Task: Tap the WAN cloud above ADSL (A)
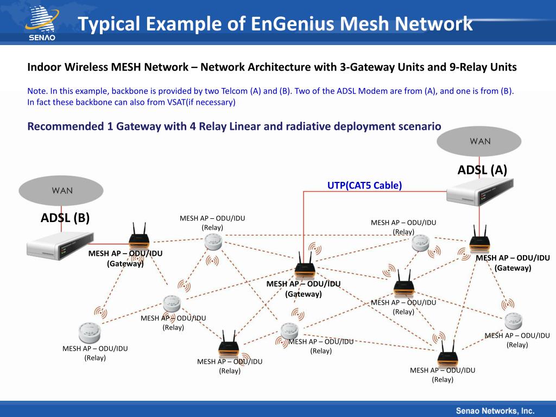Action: coord(479,141)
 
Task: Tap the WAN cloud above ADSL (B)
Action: coord(61,191)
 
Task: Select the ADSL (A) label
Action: coord(482,170)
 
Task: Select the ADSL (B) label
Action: coord(65,218)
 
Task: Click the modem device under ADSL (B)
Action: coord(60,245)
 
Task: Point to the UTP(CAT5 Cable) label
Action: coord(364,186)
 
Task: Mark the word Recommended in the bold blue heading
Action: coord(60,127)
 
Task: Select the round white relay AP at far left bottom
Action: coord(87,332)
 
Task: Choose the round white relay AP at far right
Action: coord(513,321)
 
